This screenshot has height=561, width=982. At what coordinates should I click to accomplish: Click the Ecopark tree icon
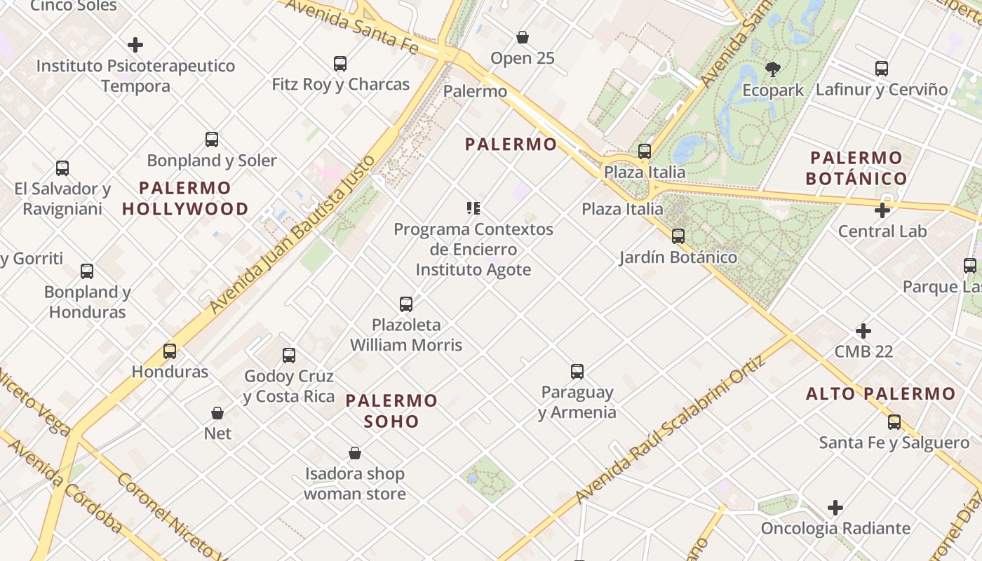coord(772,69)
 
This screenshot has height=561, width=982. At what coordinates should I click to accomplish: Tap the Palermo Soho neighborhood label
coord(391,411)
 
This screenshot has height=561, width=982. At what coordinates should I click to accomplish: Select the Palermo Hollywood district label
coord(185,198)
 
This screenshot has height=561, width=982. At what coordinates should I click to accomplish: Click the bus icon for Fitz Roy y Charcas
coord(340,64)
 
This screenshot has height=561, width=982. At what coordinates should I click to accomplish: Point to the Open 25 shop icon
coord(522,37)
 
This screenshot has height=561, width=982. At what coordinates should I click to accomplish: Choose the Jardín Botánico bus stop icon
coord(678,236)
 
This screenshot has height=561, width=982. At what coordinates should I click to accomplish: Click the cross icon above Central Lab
coord(882,210)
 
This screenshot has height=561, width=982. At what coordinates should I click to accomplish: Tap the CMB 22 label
coord(863,351)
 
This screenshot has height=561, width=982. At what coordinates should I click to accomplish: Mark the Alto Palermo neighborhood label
coord(880,393)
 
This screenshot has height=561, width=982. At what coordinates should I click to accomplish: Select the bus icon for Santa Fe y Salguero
coord(894,421)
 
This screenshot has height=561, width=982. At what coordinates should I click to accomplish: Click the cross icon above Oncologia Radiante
coord(835,507)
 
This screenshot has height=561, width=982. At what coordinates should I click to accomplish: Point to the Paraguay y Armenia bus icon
coord(577,371)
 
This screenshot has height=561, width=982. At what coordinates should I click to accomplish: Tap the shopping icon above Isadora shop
coord(355,453)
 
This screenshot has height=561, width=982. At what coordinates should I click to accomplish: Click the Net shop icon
coord(217,413)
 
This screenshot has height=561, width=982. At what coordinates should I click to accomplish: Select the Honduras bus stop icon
coord(170,351)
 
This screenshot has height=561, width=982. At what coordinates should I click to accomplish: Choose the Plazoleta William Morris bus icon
coord(405,304)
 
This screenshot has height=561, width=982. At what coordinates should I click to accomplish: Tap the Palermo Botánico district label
coord(856,168)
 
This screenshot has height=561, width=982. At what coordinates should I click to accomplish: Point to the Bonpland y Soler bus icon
coord(212,139)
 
